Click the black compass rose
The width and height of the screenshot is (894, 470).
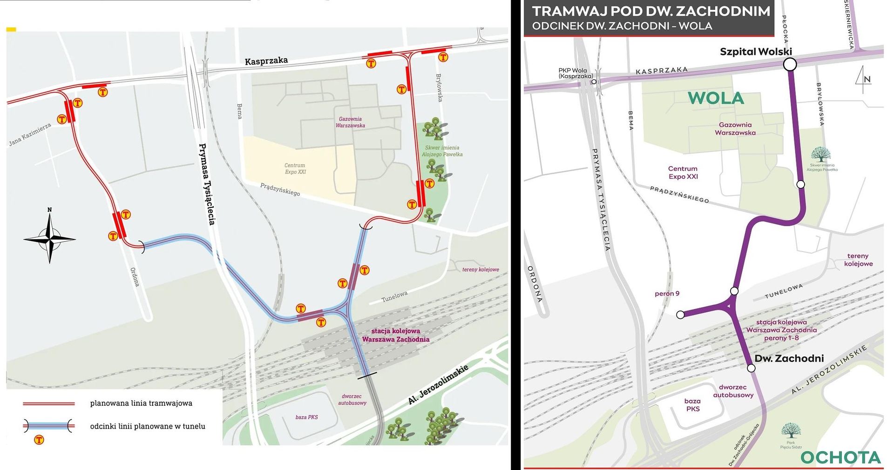(x=50, y=238)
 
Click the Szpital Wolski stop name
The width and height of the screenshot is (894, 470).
(x=755, y=52)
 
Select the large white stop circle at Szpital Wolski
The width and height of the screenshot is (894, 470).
(x=790, y=64)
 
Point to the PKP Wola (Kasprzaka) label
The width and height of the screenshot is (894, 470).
(x=576, y=73)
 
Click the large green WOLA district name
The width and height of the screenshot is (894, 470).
(x=716, y=98)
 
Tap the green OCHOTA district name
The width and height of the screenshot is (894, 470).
(x=840, y=457)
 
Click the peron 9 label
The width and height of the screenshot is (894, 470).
(x=667, y=294)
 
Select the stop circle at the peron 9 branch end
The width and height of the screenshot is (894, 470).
(x=680, y=315)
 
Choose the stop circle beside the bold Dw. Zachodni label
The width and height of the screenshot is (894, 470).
(x=751, y=369)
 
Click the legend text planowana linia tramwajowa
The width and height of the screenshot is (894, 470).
(x=141, y=403)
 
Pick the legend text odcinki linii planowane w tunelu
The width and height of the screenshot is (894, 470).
(x=148, y=426)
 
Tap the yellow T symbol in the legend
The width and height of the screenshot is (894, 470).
(x=39, y=440)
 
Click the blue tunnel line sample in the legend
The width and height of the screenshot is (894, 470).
(x=49, y=425)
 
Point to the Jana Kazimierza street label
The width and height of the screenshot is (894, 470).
(x=30, y=135)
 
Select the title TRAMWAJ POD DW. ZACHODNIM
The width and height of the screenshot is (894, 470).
(x=651, y=11)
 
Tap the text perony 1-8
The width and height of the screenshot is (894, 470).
(x=781, y=338)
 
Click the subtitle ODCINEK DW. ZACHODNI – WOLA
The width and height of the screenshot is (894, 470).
(x=622, y=26)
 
